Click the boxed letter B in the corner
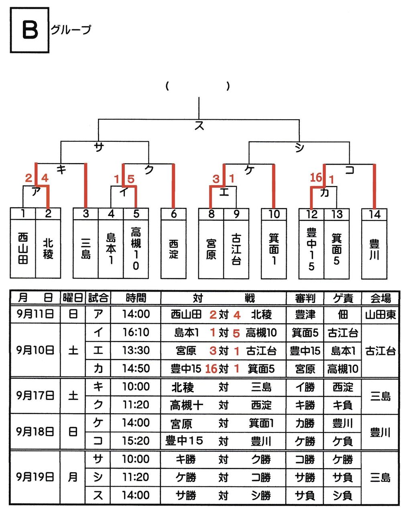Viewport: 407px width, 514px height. (29, 30)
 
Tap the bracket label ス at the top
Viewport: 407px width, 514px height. (199, 126)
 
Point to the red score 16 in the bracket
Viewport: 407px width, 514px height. (316, 177)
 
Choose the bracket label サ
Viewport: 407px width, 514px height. (98, 147)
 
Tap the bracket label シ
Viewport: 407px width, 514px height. (299, 148)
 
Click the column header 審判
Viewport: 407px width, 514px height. (305, 298)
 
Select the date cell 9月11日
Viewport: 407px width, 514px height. (35, 314)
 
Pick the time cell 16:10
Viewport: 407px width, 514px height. (136, 332)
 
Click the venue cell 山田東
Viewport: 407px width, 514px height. (380, 314)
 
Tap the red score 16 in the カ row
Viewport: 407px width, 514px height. (211, 369)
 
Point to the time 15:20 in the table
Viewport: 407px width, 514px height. (136, 441)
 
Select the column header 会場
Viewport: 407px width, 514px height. (380, 298)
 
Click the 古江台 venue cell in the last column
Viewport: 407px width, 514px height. (380, 351)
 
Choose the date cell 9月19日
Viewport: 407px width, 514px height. (35, 477)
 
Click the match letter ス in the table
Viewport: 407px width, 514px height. (98, 495)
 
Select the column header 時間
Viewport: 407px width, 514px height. (136, 298)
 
